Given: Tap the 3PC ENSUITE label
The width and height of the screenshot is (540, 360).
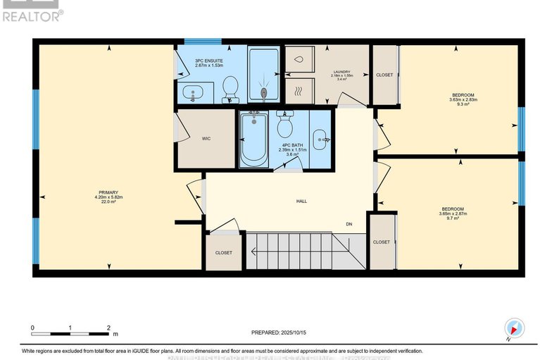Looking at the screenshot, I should click(x=210, y=61).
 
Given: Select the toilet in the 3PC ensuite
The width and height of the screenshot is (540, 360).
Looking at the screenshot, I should click(x=229, y=87).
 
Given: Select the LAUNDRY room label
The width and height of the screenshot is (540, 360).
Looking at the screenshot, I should click(x=341, y=71).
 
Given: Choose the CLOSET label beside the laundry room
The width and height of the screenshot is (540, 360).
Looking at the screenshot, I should click(x=384, y=74).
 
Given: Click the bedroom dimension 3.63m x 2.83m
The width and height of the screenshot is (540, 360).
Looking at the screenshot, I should click(x=463, y=100).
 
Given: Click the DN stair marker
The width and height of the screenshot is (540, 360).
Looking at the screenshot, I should click(x=349, y=225).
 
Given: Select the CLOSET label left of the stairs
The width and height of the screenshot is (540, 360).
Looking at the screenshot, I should click(x=223, y=253).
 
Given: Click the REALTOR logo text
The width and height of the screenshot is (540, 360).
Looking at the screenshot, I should click(x=31, y=15).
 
